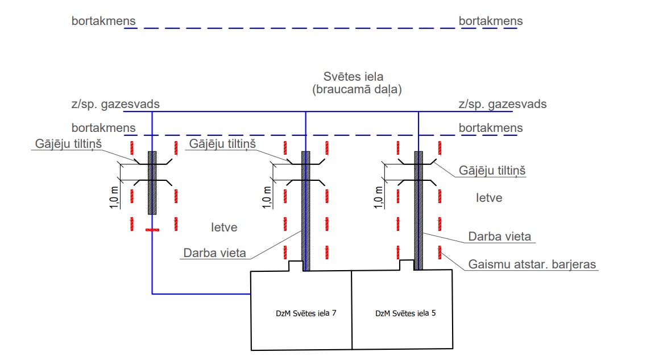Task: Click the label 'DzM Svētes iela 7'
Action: (301, 313)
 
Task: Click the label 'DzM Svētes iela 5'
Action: (401, 313)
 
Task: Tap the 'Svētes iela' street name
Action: (353, 77)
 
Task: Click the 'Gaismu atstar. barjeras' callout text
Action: (533, 264)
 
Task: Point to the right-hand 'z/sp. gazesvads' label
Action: (502, 104)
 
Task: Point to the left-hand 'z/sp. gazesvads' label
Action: (115, 104)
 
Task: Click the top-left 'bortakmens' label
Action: (103, 21)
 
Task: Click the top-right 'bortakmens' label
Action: (491, 21)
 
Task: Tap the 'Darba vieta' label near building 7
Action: (215, 253)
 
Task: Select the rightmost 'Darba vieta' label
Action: (499, 235)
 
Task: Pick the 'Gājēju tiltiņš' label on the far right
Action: (492, 171)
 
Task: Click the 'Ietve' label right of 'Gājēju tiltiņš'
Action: (489, 198)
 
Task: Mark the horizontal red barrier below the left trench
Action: (152, 230)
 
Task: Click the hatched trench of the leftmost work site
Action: (152, 182)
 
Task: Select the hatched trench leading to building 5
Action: (419, 210)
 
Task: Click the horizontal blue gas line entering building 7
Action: (202, 293)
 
